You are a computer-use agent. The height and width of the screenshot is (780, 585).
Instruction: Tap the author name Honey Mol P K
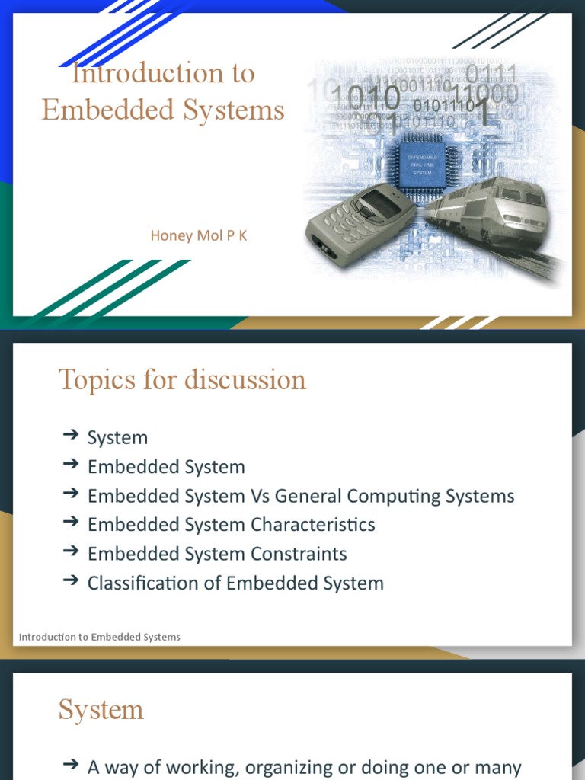[x=199, y=235]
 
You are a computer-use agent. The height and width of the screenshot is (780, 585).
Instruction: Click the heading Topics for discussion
[x=182, y=379]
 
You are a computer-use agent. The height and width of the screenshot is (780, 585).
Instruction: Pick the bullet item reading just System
[x=117, y=438]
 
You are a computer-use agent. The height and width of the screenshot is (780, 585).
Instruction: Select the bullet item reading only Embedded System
[x=166, y=467]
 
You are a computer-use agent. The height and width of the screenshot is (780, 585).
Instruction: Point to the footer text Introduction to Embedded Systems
[x=99, y=637]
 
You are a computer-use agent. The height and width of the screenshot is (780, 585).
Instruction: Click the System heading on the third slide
[x=101, y=710]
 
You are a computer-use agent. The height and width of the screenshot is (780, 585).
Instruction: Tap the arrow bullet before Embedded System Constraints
[x=70, y=551]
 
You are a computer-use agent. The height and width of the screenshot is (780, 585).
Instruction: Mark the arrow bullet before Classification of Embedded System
[x=70, y=580]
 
